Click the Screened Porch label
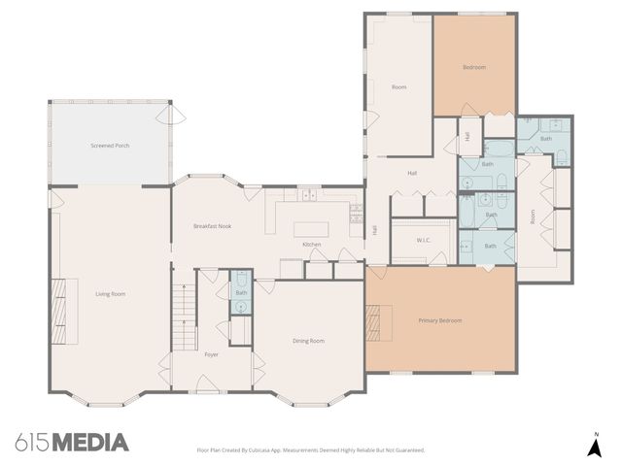pos(110,146)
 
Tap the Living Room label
pos(110,294)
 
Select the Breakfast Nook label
pos(212,226)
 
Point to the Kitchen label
pos(311,244)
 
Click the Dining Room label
pos(309,341)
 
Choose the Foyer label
pos(211,354)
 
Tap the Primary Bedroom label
pos(439,320)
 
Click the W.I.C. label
pos(424,240)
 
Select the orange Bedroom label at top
pos(473,67)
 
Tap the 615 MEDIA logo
pos(72,443)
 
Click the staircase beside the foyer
pos(184,318)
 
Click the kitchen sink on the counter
pos(309,196)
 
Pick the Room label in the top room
pos(398,87)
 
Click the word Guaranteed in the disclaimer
pos(405,450)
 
